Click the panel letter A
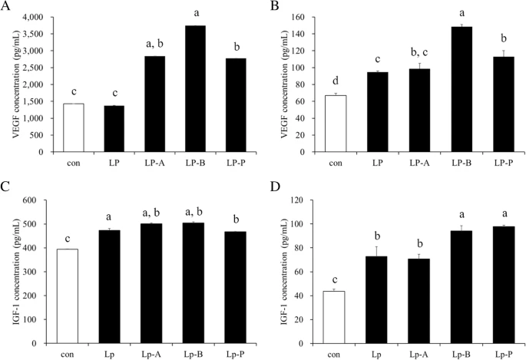[6, 7]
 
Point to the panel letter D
[275, 189]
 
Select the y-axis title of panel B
[281, 84]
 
